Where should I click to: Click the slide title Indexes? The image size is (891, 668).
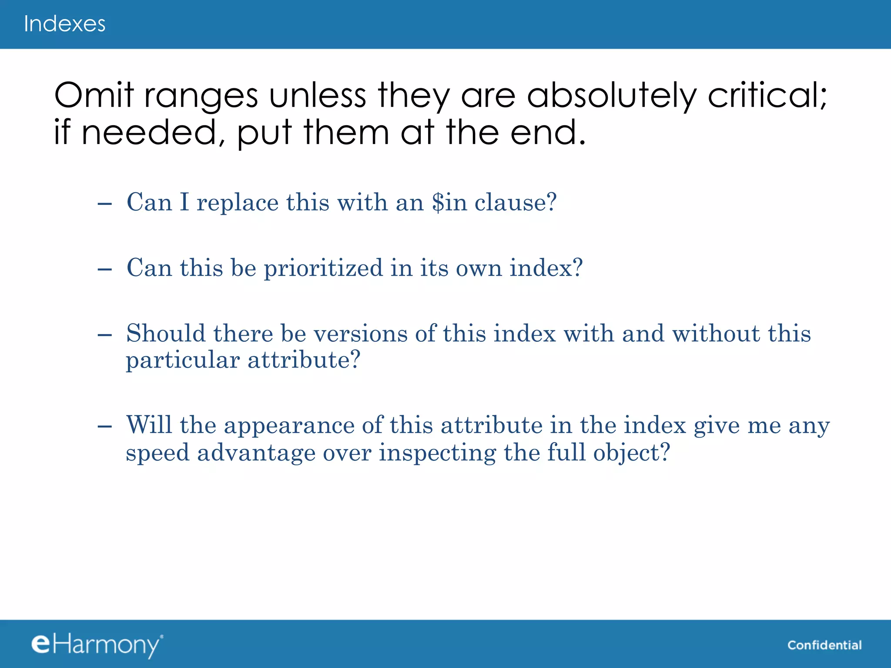coord(64,24)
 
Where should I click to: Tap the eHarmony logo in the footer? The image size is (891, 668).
coord(97,645)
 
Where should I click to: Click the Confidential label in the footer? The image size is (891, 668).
coord(824,645)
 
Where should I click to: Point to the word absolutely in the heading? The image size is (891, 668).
coord(612,96)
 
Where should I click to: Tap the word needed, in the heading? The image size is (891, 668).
coord(153,132)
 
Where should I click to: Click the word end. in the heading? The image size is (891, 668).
coord(548,132)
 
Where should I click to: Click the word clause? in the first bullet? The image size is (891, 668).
coord(516,202)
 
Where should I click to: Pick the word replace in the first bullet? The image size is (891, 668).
coord(238,203)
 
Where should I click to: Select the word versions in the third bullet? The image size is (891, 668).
coord(360,334)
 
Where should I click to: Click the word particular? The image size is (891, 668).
coord(183,361)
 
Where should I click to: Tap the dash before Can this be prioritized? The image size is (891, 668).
coord(105,270)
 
